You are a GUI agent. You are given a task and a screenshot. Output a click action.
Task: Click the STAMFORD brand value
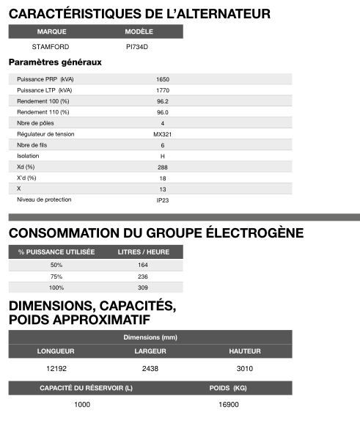pyautogui.click(x=51, y=46)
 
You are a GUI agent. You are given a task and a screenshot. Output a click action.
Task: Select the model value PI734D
pyautogui.click(x=136, y=46)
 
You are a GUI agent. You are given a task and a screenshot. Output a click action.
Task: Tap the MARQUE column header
pyautogui.click(x=51, y=32)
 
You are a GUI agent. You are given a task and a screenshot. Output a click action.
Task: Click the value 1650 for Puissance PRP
pyautogui.click(x=163, y=78)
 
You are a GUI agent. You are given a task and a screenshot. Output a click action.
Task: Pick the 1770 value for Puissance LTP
pyautogui.click(x=163, y=89)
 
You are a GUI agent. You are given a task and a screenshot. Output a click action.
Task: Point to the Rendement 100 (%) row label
pyautogui.click(x=43, y=100)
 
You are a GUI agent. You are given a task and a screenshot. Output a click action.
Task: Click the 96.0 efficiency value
pyautogui.click(x=163, y=111)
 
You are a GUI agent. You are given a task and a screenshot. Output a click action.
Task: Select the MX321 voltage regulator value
pyautogui.click(x=163, y=134)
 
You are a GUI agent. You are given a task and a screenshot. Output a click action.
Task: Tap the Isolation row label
pyautogui.click(x=28, y=156)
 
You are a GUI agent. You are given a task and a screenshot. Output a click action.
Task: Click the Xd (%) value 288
pyautogui.click(x=163, y=167)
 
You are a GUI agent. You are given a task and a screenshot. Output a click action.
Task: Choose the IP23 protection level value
pyautogui.click(x=163, y=199)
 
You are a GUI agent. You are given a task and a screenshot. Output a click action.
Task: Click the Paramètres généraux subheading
pyautogui.click(x=54, y=62)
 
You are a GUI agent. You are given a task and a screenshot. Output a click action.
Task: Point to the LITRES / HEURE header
pyautogui.click(x=143, y=252)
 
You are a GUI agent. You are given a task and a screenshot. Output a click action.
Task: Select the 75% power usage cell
pyautogui.click(x=56, y=276)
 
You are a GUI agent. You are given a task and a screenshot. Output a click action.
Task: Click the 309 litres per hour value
pyautogui.click(x=143, y=287)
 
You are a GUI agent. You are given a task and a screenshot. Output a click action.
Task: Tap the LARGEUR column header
pyautogui.click(x=150, y=351)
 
